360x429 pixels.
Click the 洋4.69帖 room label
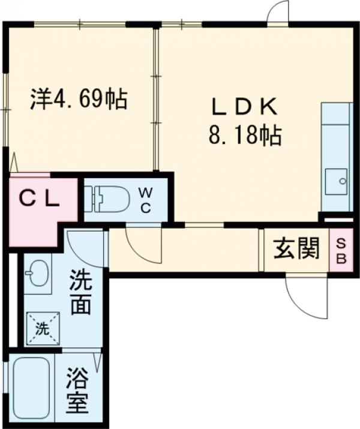pos(79,98)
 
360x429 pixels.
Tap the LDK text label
pos(243,107)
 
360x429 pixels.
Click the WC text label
pos(146,199)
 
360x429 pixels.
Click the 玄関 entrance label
pos(296,248)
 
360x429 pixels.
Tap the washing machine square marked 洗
pos(42,328)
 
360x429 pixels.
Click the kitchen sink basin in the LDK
pos(335,181)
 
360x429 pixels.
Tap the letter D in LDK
pos(242,107)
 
